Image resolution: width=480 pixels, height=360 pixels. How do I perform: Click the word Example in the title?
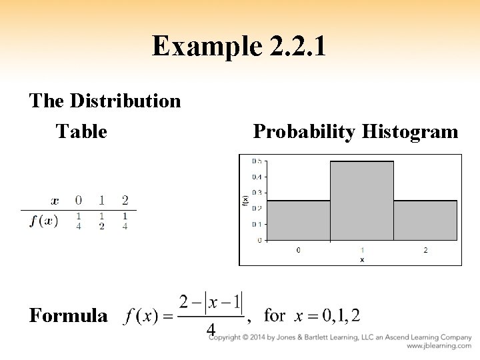click(201, 47)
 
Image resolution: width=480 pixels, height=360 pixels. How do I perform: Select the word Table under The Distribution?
click(81, 131)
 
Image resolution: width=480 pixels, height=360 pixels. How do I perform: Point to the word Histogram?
click(410, 131)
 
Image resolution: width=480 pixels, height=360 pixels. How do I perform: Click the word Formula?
click(68, 315)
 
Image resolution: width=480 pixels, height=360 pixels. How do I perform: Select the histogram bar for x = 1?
click(361, 200)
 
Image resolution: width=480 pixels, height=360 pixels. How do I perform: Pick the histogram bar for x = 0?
click(298, 220)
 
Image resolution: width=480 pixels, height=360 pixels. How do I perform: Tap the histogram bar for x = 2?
click(425, 220)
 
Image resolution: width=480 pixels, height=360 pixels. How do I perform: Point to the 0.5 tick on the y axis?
click(256, 161)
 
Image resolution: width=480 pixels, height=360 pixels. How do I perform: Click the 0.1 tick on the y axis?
click(256, 224)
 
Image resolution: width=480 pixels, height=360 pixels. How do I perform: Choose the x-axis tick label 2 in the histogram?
click(425, 250)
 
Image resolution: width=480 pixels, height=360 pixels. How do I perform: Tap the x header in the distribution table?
click(55, 200)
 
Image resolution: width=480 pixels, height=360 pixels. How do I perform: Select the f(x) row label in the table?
click(43, 221)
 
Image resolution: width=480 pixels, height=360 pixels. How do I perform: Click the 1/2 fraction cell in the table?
click(102, 221)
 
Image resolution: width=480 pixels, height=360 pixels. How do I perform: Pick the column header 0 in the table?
click(79, 200)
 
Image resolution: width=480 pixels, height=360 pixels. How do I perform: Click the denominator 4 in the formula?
click(211, 330)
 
